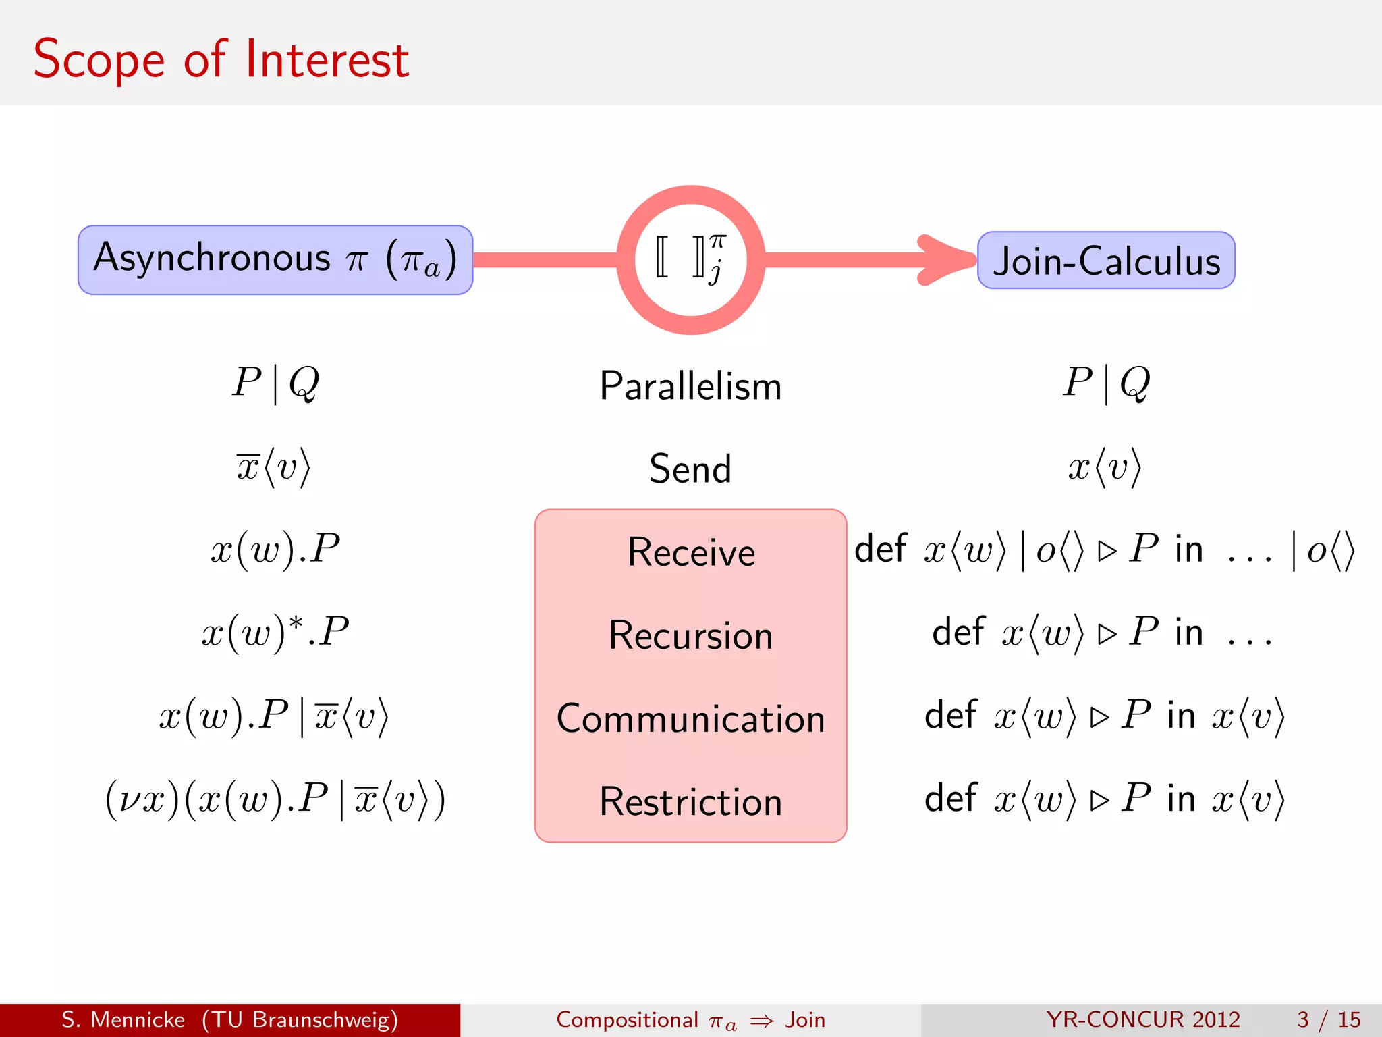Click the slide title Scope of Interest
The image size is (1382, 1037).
(x=221, y=59)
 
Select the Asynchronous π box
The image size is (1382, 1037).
(x=275, y=260)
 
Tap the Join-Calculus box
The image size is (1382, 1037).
(x=1106, y=261)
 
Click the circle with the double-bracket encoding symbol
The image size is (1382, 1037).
(x=690, y=260)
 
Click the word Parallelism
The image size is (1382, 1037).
(x=690, y=386)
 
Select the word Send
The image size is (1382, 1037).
(x=690, y=469)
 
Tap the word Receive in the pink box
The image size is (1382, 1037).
(x=690, y=552)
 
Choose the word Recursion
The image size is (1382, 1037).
(x=690, y=635)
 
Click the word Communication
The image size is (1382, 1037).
(x=690, y=718)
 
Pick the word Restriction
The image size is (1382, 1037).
(x=690, y=802)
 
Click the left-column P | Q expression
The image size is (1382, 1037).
(x=275, y=383)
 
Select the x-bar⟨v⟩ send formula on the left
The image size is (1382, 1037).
(x=273, y=467)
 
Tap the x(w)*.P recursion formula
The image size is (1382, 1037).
(x=275, y=633)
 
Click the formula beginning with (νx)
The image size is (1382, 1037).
(x=275, y=799)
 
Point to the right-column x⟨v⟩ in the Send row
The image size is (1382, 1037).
(x=1105, y=467)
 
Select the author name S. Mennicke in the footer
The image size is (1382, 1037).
(x=123, y=1019)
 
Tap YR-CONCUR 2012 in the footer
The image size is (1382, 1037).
(x=1143, y=1019)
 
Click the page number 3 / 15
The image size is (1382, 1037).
(x=1328, y=1019)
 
